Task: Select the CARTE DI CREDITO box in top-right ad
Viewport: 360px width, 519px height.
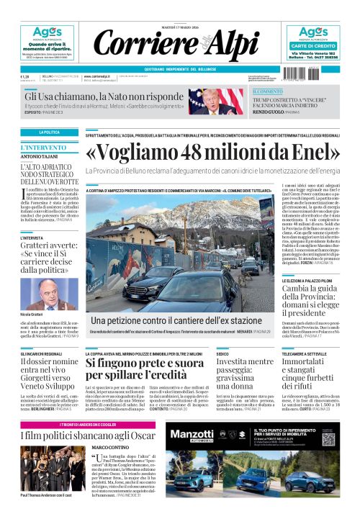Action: tap(314, 45)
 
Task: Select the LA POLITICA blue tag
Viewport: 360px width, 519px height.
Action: tap(50, 132)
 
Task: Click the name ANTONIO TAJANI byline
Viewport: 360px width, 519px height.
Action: tap(39, 157)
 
